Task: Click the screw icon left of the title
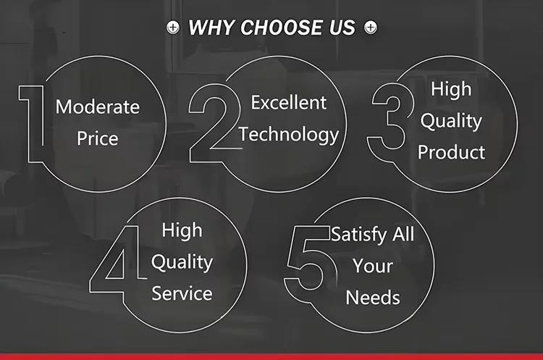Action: [x=173, y=28]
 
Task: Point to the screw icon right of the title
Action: [x=371, y=28]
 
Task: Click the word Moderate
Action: [x=98, y=106]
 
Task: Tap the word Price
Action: [x=98, y=138]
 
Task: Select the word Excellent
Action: [x=288, y=103]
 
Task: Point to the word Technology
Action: [x=289, y=135]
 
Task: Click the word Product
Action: [x=451, y=152]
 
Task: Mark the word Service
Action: [x=182, y=293]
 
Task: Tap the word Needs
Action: [x=373, y=298]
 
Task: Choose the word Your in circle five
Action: [x=373, y=266]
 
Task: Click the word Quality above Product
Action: [x=451, y=121]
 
